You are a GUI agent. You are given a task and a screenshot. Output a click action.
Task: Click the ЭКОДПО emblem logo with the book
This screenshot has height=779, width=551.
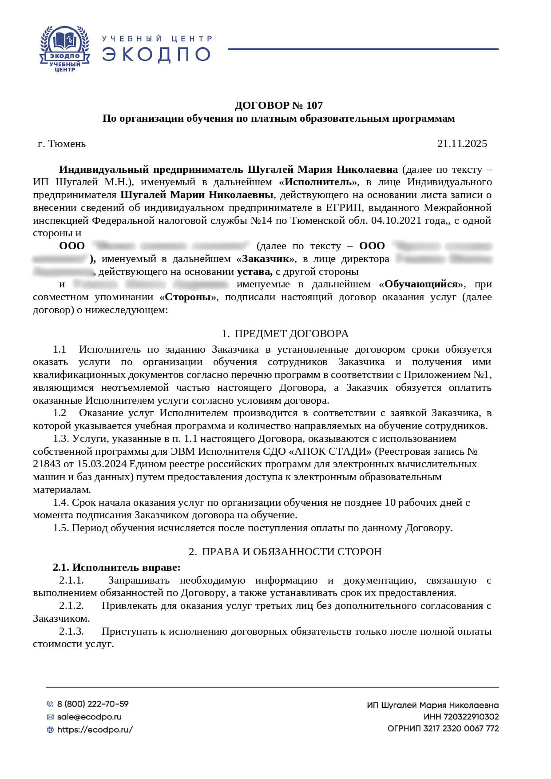65,48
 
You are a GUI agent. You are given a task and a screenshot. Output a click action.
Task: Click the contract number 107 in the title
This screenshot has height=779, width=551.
314,105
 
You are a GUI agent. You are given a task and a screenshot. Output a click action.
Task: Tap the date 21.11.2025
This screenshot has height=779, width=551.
462,143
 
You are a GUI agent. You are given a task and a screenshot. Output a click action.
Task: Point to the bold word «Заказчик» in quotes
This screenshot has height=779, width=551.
266,258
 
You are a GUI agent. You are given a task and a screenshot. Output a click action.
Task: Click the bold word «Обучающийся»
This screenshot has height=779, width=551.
421,284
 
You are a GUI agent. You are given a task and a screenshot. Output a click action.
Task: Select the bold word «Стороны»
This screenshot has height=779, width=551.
188,297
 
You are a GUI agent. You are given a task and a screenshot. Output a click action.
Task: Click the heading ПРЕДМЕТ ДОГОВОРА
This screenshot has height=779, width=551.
291,334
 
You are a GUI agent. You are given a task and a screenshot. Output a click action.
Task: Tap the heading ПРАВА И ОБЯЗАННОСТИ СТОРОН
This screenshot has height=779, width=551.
291,552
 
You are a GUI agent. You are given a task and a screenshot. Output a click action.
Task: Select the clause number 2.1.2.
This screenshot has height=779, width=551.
71,606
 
